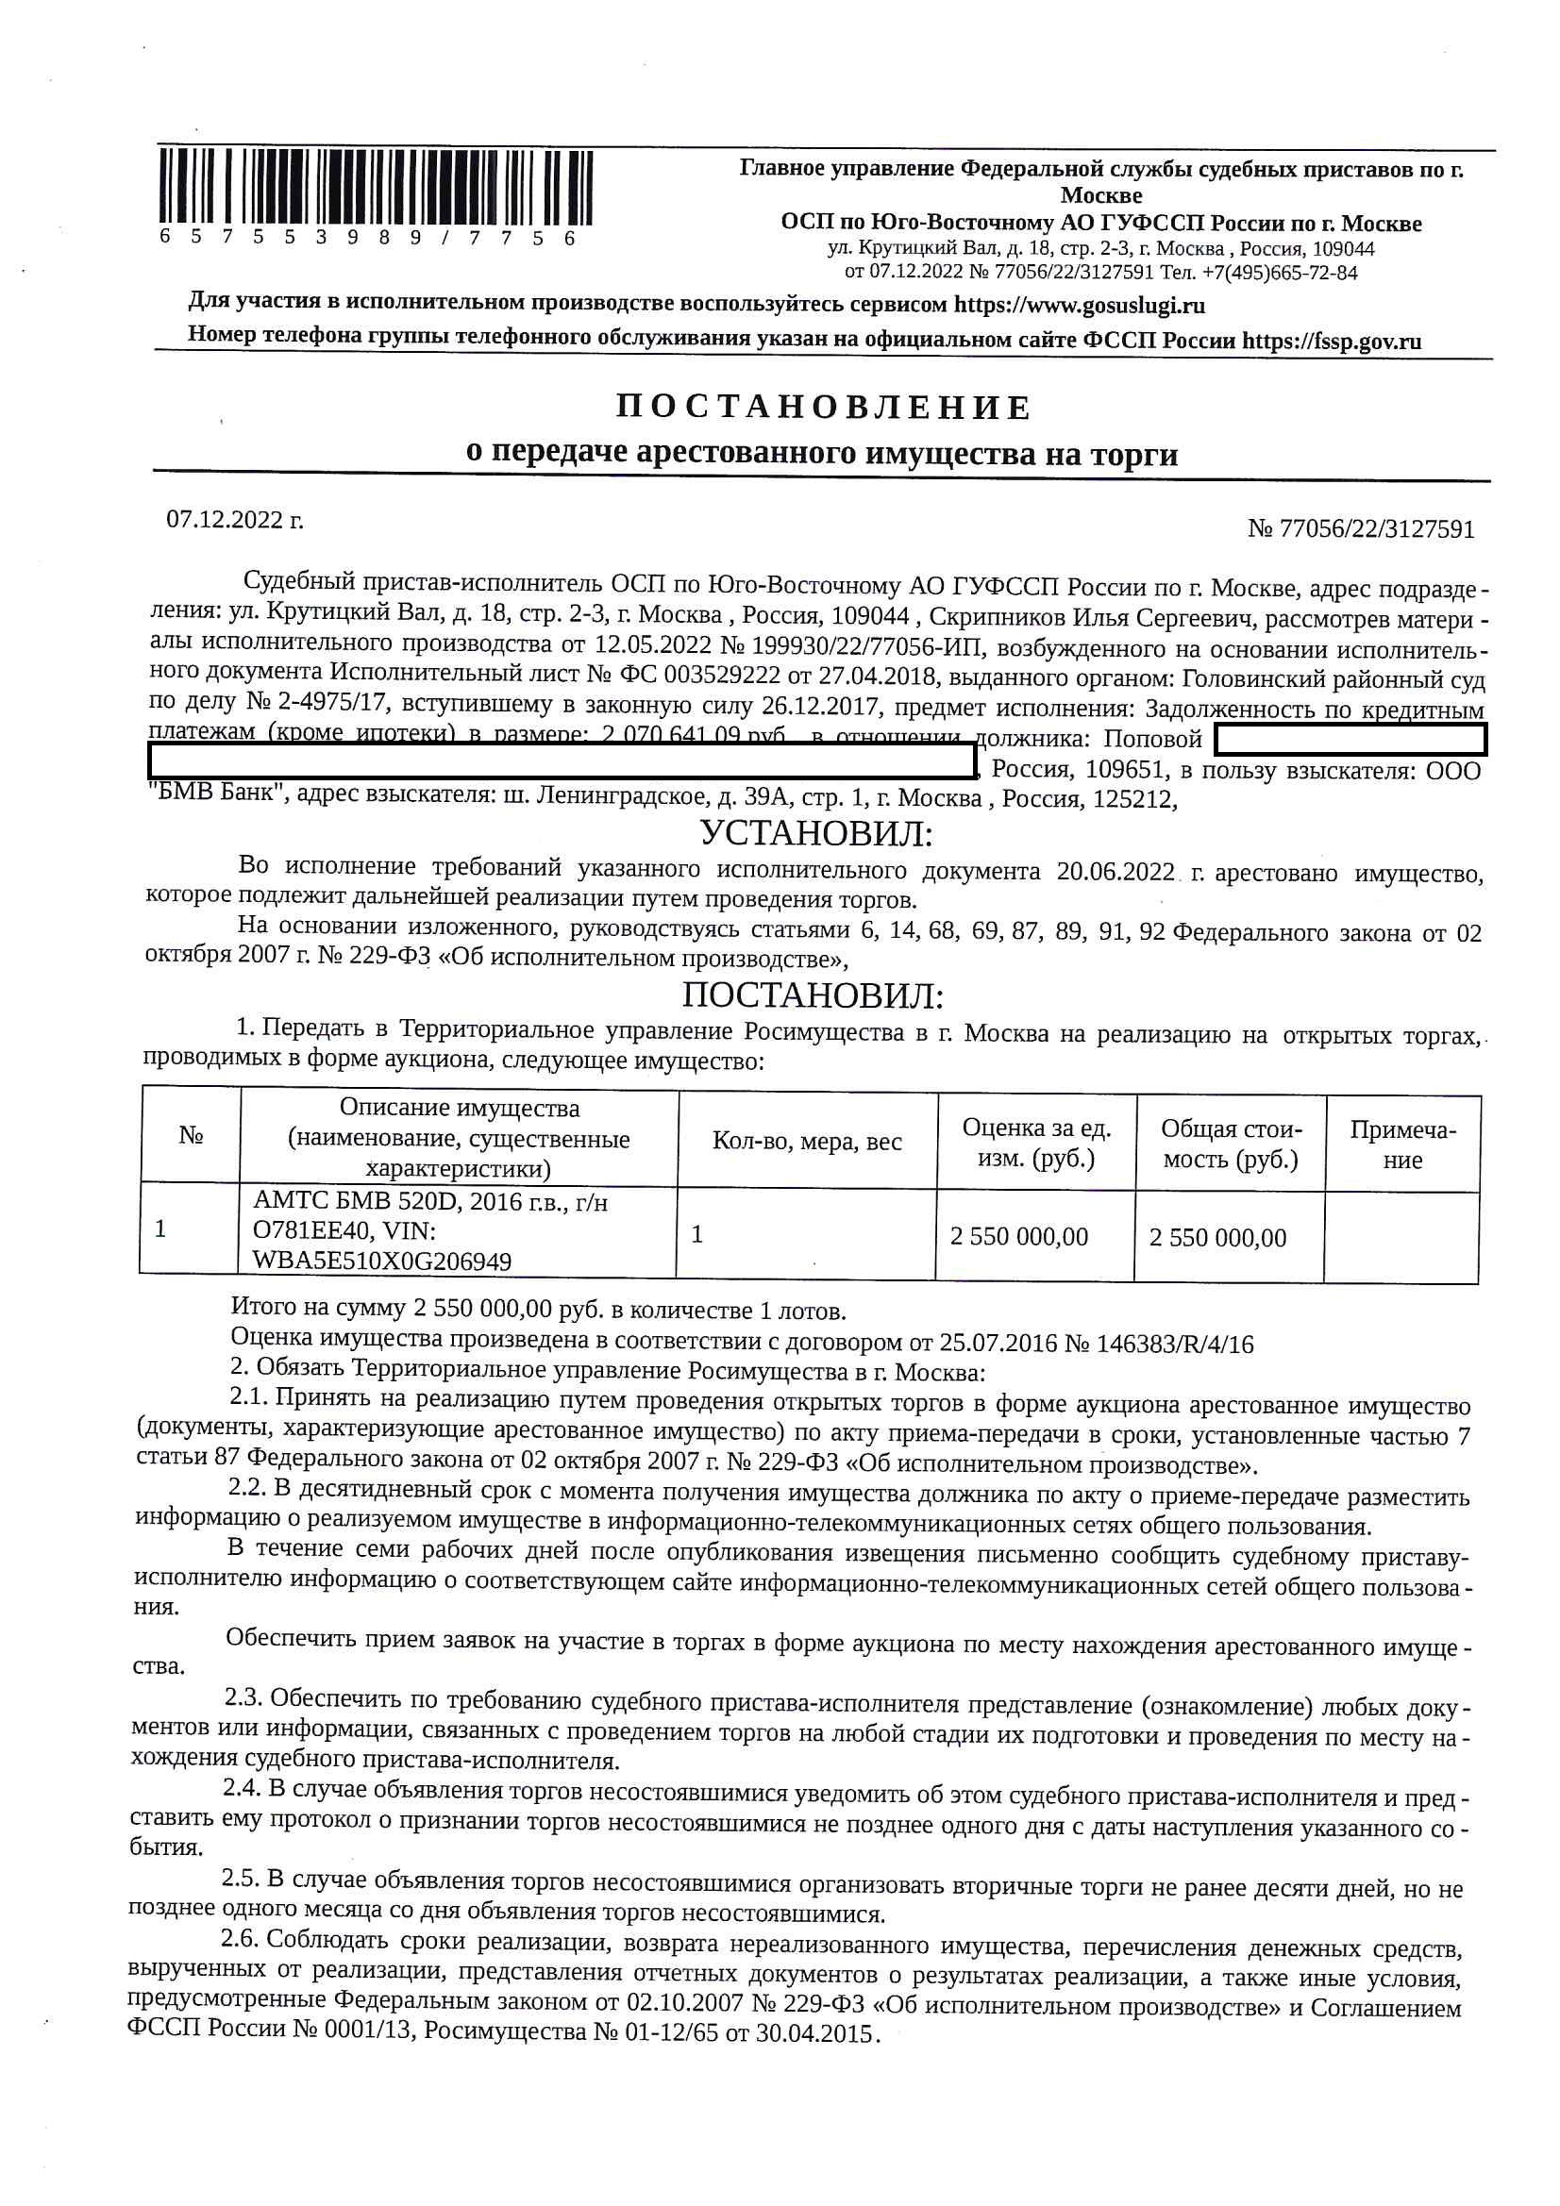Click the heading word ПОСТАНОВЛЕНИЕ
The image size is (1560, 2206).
pyautogui.click(x=823, y=408)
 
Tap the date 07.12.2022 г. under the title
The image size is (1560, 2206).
pyautogui.click(x=235, y=520)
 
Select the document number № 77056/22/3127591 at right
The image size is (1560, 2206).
pyautogui.click(x=1360, y=529)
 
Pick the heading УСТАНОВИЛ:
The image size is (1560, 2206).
pyautogui.click(x=816, y=833)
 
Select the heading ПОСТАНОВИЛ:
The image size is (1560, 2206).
pyautogui.click(x=814, y=996)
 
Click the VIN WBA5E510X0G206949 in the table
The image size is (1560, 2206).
pyautogui.click(x=381, y=1261)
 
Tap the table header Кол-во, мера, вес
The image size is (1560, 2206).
pyautogui.click(x=807, y=1142)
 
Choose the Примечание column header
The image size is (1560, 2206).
pyautogui.click(x=1402, y=1145)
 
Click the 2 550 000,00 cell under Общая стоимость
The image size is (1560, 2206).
pyautogui.click(x=1216, y=1238)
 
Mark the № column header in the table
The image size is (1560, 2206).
pyautogui.click(x=191, y=1136)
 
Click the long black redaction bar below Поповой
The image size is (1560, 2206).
pyautogui.click(x=562, y=763)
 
